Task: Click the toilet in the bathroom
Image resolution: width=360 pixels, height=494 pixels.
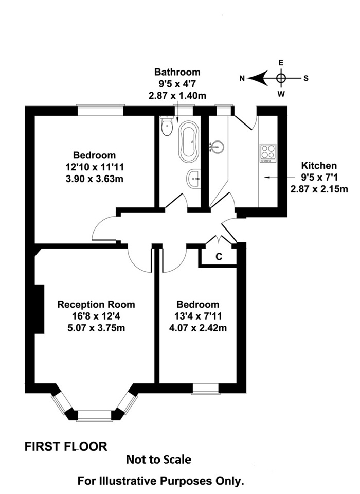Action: click(167, 126)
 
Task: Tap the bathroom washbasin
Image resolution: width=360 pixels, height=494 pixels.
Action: click(193, 179)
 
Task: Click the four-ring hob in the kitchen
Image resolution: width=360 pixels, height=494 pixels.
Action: click(268, 153)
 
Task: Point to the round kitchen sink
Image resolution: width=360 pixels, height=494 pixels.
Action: click(218, 147)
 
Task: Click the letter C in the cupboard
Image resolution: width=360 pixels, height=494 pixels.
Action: click(219, 257)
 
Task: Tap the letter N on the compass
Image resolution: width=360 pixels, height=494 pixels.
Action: click(242, 78)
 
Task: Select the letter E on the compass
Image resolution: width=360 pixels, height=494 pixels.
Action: click(281, 63)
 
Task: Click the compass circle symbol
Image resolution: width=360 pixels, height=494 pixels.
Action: click(281, 78)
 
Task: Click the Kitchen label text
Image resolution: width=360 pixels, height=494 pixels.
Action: click(319, 165)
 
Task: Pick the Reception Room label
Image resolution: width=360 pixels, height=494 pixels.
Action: click(96, 304)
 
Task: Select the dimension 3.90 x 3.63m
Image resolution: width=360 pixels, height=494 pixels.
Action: click(95, 179)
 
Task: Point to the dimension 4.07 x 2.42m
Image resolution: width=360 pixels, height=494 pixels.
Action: click(198, 328)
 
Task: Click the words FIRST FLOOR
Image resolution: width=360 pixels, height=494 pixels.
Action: click(66, 447)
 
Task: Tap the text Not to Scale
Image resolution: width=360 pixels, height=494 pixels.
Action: click(158, 460)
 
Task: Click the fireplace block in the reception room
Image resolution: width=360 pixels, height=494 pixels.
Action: click(39, 309)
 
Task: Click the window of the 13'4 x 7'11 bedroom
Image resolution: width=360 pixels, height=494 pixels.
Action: click(205, 389)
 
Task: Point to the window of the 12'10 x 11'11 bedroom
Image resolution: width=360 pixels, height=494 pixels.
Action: click(100, 111)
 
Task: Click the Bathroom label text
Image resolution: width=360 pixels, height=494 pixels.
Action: click(177, 72)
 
